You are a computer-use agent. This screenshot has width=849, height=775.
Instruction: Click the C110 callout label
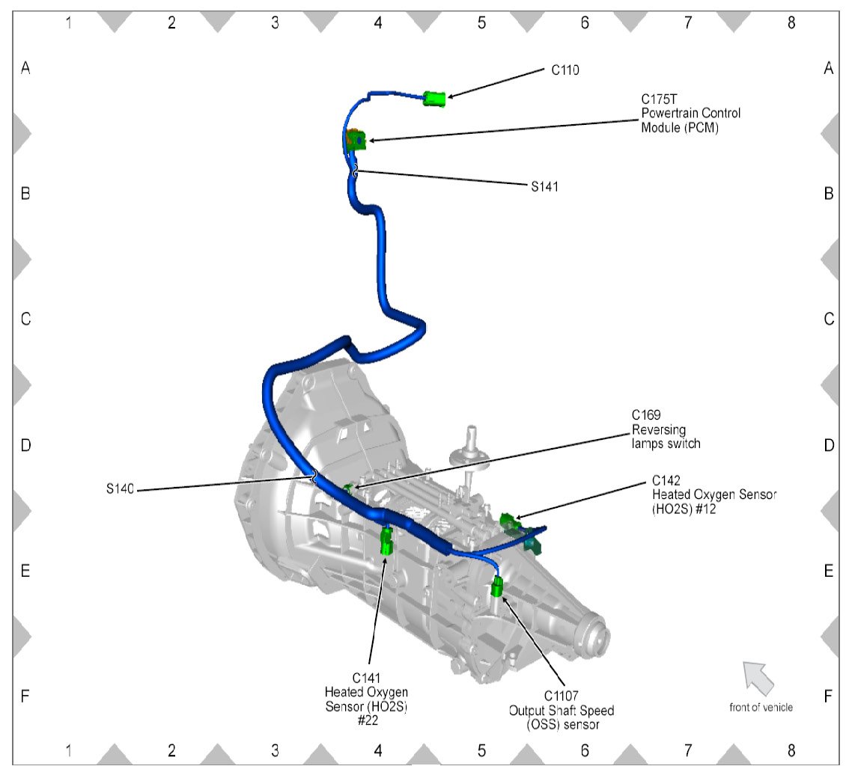click(x=565, y=70)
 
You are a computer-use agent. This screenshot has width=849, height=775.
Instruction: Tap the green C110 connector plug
click(x=434, y=98)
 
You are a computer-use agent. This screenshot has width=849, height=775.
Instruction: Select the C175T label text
click(x=657, y=99)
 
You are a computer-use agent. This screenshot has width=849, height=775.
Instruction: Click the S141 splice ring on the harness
click(x=355, y=173)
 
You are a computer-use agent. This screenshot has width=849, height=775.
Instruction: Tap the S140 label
click(x=120, y=490)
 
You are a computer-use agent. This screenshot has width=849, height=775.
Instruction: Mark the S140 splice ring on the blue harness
click(x=314, y=475)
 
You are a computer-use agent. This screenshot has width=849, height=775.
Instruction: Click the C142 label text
click(x=667, y=480)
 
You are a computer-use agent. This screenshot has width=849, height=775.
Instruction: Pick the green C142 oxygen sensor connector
click(x=508, y=518)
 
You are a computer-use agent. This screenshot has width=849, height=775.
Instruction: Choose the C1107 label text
click(x=561, y=696)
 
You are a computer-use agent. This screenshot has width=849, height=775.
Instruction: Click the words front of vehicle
click(x=761, y=707)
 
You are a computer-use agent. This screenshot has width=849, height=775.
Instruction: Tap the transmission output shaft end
click(x=595, y=634)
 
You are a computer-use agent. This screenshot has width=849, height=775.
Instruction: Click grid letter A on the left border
click(x=25, y=68)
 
